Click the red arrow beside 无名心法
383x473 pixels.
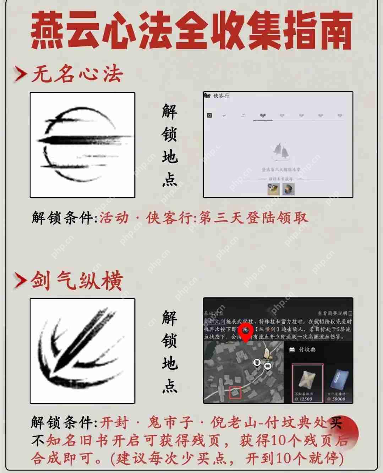coord(20,74)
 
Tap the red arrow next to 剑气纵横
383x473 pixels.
coord(20,281)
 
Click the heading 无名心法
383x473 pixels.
coord(77,74)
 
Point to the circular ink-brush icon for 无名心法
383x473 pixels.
coord(82,145)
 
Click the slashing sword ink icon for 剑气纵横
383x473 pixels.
coord(82,351)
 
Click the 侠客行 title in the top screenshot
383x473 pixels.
coord(221,96)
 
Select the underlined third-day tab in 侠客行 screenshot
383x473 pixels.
coord(263,116)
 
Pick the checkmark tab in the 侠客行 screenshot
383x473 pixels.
coord(224,116)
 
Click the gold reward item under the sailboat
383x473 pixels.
coord(274,188)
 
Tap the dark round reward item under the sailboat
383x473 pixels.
coord(288,188)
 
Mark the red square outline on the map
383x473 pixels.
coord(235,392)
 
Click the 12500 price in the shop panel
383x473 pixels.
coord(305,399)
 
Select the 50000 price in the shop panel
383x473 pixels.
coord(338,399)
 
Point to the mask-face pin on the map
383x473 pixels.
coord(257,363)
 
